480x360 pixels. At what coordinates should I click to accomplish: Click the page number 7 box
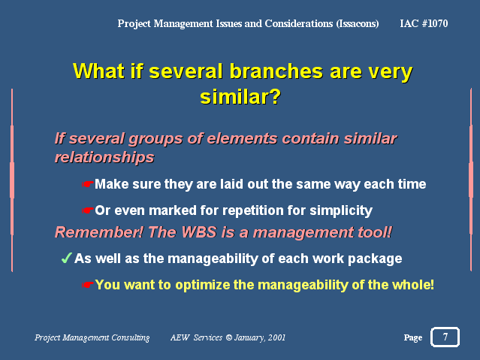tap(445, 337)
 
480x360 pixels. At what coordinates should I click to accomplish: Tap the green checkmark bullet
tap(66, 258)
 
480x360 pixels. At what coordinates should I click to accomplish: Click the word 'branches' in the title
tap(276, 71)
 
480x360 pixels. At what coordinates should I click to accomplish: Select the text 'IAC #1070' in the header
tap(424, 23)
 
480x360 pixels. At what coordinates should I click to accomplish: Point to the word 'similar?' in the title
tap(240, 97)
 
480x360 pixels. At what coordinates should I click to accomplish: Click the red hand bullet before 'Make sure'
tap(88, 184)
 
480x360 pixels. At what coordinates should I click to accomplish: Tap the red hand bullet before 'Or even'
tap(88, 210)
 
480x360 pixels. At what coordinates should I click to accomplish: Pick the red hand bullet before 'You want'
tap(88, 285)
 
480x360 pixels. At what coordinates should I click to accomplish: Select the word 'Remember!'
tap(99, 232)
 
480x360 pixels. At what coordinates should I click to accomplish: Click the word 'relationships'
tap(104, 158)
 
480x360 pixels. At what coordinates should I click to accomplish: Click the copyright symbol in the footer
tap(228, 337)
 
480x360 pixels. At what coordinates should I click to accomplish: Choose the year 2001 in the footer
tap(276, 337)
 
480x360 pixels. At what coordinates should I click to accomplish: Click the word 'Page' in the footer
tap(413, 337)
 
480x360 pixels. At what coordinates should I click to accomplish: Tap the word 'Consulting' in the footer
tap(131, 337)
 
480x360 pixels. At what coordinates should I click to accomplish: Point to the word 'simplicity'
tap(341, 210)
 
